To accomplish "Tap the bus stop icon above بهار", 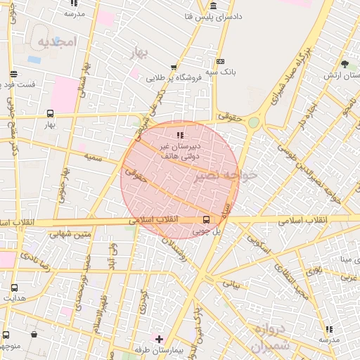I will tap(50, 112).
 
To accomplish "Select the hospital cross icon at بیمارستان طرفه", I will tap(159, 339).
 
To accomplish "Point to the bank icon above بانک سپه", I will tap(221, 62).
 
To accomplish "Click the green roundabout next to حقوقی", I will tap(253, 122).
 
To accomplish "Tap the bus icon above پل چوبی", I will tap(206, 219).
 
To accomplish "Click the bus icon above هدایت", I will tap(14, 287).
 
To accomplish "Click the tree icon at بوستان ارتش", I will tap(345, 65).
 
